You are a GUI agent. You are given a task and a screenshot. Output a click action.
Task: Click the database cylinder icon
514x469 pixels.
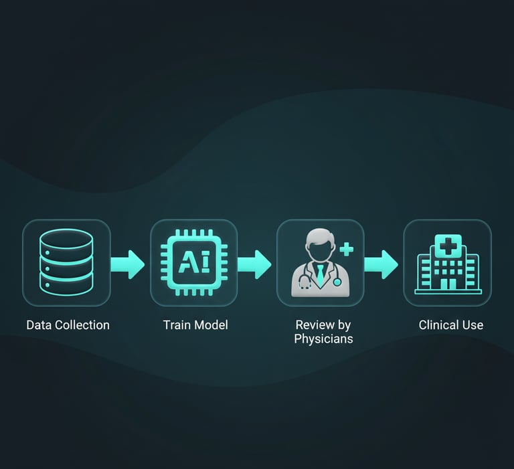pyautogui.click(x=66, y=263)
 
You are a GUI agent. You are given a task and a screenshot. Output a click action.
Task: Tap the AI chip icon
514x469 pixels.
pyautogui.click(x=194, y=263)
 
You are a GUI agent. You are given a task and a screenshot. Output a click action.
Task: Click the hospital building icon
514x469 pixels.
pyautogui.click(x=448, y=264)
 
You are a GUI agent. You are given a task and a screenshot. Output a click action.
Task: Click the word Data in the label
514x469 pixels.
pyautogui.click(x=39, y=325)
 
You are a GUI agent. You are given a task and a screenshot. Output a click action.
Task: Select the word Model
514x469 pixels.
pyautogui.click(x=211, y=325)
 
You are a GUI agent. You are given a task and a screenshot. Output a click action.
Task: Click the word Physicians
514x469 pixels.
pyautogui.click(x=323, y=339)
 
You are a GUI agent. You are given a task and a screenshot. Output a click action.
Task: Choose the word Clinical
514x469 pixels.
pyautogui.click(x=438, y=325)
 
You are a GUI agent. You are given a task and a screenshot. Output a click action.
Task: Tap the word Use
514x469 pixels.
pyautogui.click(x=473, y=325)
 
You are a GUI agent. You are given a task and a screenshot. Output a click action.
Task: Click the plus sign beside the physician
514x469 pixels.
pyautogui.click(x=347, y=250)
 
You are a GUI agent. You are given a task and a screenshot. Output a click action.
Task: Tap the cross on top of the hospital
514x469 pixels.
pyautogui.click(x=448, y=246)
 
